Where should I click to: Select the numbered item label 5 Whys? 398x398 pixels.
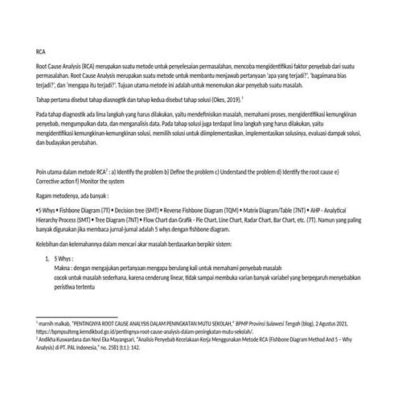[64, 259]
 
